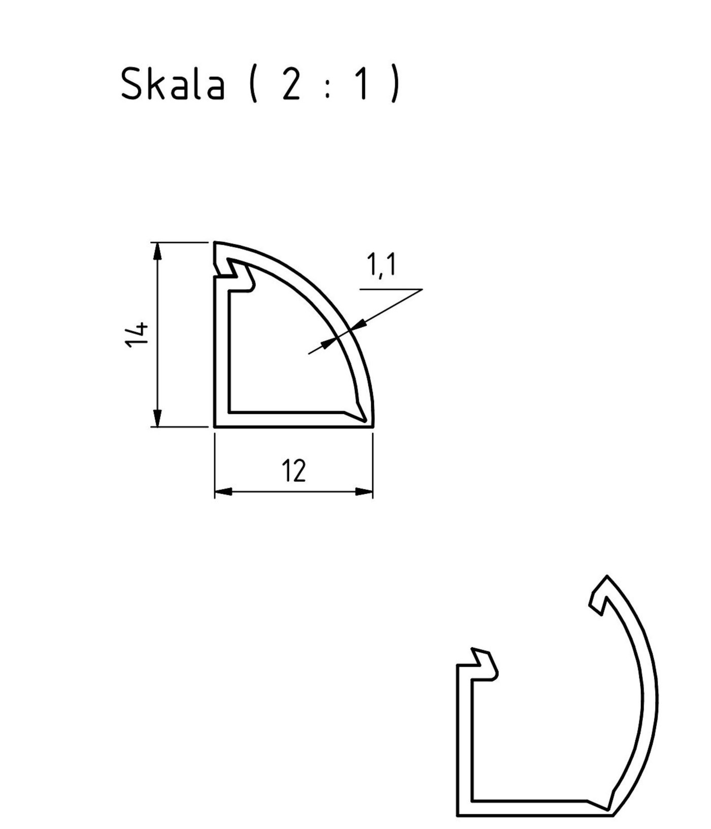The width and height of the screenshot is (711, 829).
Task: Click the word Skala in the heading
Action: [173, 84]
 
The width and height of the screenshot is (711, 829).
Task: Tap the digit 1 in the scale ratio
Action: [361, 84]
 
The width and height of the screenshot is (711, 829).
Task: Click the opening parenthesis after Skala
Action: [253, 85]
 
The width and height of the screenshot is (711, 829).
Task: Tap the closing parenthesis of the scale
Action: [396, 85]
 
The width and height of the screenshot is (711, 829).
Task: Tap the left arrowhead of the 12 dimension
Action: [223, 491]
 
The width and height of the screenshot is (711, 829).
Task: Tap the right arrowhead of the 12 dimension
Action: [364, 491]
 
